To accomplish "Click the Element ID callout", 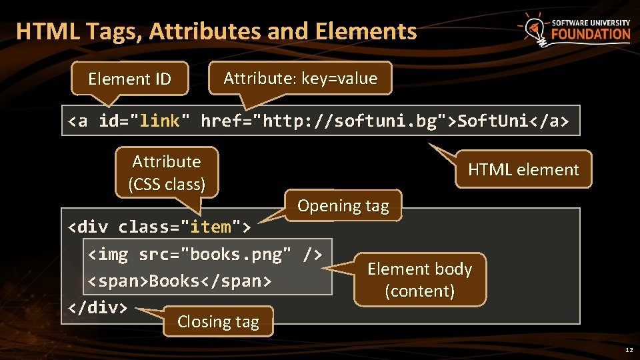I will (129, 79).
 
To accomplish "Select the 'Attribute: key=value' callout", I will (300, 79).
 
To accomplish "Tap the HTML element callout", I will (523, 169).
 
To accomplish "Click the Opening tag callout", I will (343, 205).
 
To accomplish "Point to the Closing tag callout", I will (217, 321).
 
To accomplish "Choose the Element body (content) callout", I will (419, 279).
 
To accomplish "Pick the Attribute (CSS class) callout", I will (166, 172).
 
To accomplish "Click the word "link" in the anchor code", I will (160, 121).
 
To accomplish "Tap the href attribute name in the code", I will (221, 121).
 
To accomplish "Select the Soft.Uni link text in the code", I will (491, 121).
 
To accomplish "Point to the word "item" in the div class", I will (211, 227).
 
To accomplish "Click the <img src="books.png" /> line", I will (206, 254).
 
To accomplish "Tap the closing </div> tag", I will (98, 307).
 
